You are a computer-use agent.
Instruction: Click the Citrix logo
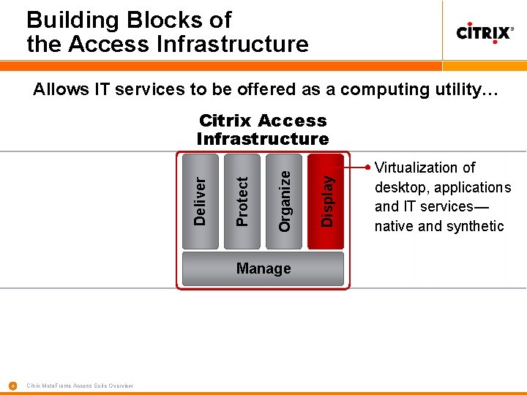click(485, 33)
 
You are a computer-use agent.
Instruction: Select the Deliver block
click(200, 200)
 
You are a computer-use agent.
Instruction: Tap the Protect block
click(242, 200)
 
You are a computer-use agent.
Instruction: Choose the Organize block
click(285, 200)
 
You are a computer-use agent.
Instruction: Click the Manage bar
click(263, 268)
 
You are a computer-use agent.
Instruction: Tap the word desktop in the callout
click(400, 187)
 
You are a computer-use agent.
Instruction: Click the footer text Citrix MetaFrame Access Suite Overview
click(80, 385)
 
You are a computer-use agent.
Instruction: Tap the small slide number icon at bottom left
click(12, 385)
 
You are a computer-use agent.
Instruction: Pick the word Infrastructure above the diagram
click(263, 139)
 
